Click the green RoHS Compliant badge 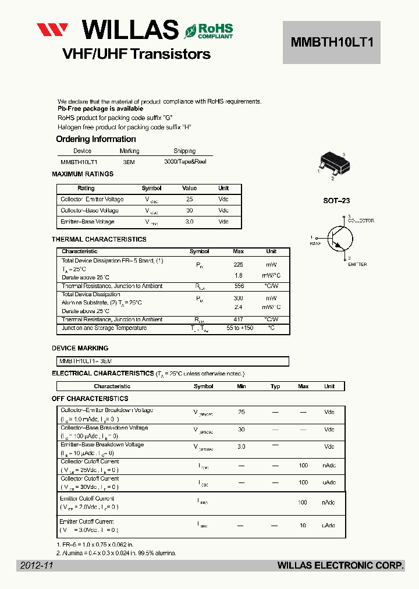click(209, 31)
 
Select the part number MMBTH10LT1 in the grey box click(331, 42)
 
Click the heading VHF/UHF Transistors click(136, 54)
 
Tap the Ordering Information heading click(95, 139)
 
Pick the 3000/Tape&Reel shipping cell click(185, 162)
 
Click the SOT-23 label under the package click(336, 201)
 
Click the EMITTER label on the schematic click(357, 264)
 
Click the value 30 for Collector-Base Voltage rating click(189, 211)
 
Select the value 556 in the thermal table click(239, 286)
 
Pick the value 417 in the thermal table click(239, 320)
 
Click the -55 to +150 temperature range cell click(240, 328)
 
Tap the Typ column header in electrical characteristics click(275, 386)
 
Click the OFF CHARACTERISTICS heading click(90, 399)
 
